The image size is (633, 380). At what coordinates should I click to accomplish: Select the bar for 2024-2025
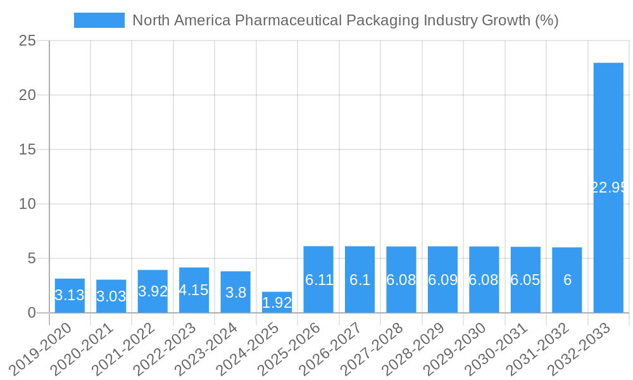point(277,302)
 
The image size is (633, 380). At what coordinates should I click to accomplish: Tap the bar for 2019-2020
point(70,295)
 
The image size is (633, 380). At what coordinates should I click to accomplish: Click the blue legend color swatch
point(99,20)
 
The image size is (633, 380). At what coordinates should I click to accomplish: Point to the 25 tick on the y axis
point(28,41)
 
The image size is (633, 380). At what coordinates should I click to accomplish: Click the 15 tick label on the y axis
point(28,150)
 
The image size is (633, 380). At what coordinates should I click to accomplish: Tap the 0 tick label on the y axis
point(32,313)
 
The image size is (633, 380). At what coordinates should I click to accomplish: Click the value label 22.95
point(608,187)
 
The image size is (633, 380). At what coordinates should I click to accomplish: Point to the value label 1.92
point(277,303)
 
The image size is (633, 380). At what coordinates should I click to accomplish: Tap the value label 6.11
point(318,280)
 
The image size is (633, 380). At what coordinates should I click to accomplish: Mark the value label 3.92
point(153,291)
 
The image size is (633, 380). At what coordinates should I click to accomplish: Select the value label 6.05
point(525,280)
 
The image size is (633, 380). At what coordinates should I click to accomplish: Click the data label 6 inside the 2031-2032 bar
point(567,280)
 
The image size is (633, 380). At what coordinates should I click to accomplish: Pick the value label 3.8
point(235,293)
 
